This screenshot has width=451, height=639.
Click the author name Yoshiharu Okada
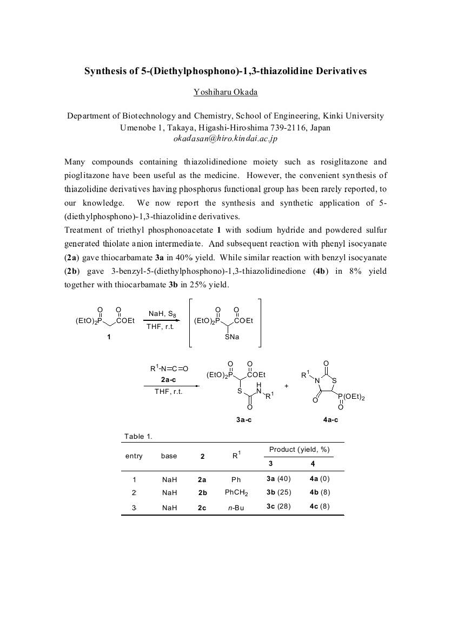click(225, 92)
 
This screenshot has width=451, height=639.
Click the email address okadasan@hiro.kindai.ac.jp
click(225, 139)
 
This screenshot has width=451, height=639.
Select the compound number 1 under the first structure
click(109, 338)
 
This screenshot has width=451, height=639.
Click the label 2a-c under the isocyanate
click(168, 380)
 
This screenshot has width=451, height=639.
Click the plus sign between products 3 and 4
click(286, 386)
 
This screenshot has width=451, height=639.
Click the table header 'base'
click(169, 456)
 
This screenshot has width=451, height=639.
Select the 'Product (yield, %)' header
click(299, 450)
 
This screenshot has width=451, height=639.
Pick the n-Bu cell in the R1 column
click(236, 508)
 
